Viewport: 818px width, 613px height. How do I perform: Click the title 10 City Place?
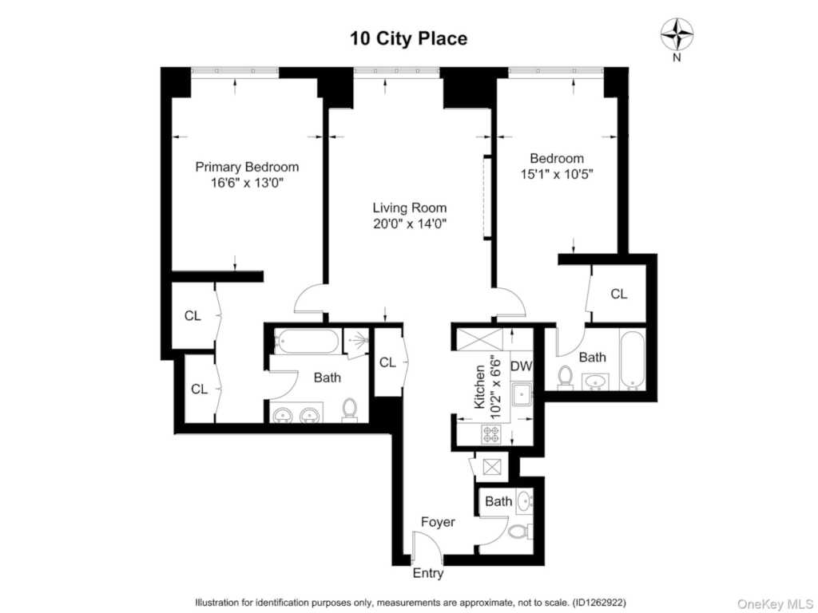click(408, 38)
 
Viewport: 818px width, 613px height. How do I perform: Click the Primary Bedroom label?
click(248, 167)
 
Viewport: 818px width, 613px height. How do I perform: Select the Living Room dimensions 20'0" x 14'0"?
click(409, 224)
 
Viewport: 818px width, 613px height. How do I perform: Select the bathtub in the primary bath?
click(306, 342)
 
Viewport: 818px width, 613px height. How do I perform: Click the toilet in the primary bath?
click(349, 409)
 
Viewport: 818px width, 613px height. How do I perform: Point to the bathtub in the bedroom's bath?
click(631, 360)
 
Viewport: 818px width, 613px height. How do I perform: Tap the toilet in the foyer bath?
click(518, 532)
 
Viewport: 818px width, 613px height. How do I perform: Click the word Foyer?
click(438, 522)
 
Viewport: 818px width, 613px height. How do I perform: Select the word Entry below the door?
click(427, 573)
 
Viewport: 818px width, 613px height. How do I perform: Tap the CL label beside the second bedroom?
click(618, 294)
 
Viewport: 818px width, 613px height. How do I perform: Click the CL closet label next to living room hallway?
click(387, 362)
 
